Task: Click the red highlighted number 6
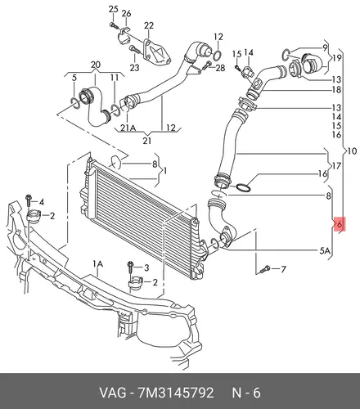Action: [340, 224]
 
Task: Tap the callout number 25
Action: [113, 9]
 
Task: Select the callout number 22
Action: [149, 25]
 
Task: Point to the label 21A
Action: [128, 128]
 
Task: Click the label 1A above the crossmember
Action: [97, 264]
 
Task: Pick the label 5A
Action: [325, 250]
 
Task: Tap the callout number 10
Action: [352, 151]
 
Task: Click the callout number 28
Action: [220, 68]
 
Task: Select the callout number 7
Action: [283, 270]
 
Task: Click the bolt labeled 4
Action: [29, 201]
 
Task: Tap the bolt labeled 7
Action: [265, 270]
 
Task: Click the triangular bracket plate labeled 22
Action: [156, 53]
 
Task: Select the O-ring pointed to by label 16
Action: [244, 188]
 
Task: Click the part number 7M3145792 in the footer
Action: [176, 393]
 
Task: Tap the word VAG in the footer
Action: [113, 393]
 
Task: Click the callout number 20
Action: [96, 65]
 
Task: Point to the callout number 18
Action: [336, 89]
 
